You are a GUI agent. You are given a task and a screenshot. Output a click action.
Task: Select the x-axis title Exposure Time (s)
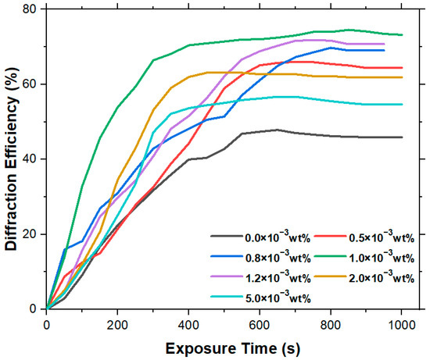tap(224, 347)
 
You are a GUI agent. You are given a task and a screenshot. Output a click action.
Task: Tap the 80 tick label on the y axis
tap(30, 9)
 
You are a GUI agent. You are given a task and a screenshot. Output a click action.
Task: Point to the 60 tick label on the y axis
tap(30, 84)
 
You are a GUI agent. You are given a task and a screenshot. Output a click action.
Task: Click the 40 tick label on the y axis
tap(30, 159)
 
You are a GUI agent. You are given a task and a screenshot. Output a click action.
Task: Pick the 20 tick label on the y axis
tap(30, 234)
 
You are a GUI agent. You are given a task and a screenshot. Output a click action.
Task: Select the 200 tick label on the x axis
tap(118, 324)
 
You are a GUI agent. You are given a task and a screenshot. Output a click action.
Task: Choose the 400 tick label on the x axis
tap(188, 324)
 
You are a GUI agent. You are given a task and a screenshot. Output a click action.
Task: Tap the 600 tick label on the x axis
tap(260, 324)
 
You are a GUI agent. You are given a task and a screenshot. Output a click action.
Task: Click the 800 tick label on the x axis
tap(331, 324)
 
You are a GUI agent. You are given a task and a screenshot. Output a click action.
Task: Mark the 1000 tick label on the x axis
tap(401, 324)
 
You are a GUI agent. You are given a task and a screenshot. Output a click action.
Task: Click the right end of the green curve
tap(402, 35)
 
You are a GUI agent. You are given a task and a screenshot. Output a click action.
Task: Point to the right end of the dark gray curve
tap(402, 137)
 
